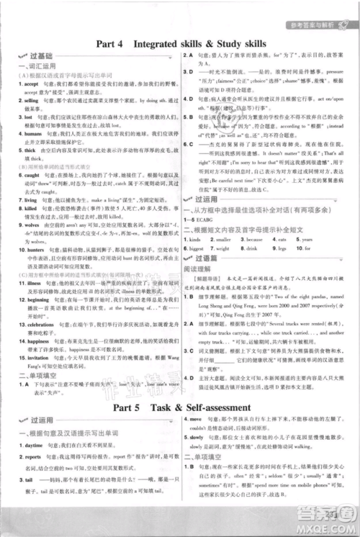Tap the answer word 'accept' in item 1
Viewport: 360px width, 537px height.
tap(32, 103)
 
